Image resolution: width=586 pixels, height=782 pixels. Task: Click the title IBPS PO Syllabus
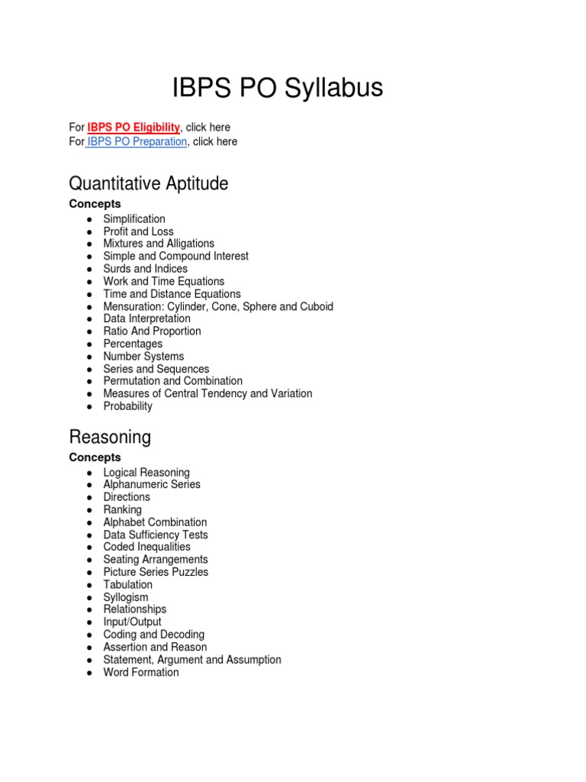coord(278,89)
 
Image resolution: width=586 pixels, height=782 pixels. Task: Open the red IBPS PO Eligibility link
coord(134,128)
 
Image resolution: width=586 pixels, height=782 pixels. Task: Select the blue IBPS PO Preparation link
coord(137,141)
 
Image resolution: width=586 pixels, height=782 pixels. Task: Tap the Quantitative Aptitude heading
coord(148,183)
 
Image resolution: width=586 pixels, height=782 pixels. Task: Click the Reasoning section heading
coord(110,437)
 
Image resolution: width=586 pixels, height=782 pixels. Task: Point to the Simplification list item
coord(134,219)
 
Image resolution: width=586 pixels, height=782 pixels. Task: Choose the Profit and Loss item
coord(138,231)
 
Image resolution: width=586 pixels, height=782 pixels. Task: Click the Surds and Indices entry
coord(145,269)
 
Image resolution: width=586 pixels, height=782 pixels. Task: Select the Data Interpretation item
coord(146,318)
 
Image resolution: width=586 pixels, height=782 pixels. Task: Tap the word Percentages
coord(133,344)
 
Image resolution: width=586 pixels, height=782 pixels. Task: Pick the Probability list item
coord(127,406)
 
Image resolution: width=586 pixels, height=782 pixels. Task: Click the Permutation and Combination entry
coord(172,381)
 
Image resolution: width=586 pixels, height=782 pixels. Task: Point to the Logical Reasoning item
coord(146,473)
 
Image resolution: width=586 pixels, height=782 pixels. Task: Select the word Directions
coord(127,497)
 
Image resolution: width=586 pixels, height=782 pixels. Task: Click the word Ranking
coord(122,509)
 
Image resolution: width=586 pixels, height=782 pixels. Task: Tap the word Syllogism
coord(126,597)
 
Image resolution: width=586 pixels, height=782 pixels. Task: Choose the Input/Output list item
coord(132,622)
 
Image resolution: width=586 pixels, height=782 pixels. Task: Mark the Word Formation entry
coord(141,672)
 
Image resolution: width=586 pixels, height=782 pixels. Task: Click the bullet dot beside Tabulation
coord(90,585)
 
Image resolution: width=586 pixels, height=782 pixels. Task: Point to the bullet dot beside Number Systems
coord(90,357)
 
